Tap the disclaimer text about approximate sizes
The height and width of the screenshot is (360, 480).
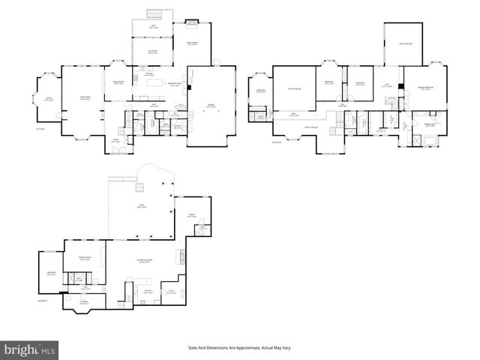tap(239, 348)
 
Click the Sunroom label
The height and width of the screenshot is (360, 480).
tap(152, 52)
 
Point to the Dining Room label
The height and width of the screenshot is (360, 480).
tap(118, 82)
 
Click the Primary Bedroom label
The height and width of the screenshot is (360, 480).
tap(426, 88)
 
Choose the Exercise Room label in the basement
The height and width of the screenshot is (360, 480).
tap(85, 259)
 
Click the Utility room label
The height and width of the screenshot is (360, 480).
tap(172, 292)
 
